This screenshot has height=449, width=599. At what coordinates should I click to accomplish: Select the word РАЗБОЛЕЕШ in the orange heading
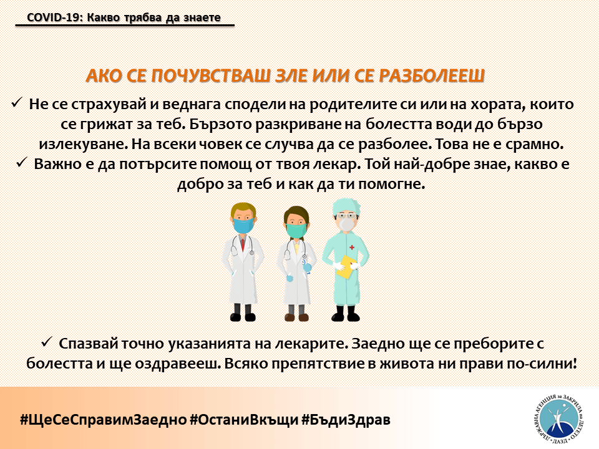pos(432,75)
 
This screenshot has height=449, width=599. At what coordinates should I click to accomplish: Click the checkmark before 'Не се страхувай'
pos(17,103)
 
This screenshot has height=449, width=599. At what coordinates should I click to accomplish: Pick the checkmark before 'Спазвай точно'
pos(47,342)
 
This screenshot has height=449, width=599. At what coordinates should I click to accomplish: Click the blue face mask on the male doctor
pos(244,225)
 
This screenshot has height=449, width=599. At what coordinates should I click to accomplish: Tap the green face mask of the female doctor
pos(296,230)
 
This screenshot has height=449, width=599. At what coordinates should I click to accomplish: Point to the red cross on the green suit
pos(352,248)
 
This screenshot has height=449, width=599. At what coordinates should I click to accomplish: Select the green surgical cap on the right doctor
pos(346,207)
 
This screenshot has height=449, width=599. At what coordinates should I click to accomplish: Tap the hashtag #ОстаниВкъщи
pos(244,420)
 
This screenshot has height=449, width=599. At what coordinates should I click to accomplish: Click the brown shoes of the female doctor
pos(297,317)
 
